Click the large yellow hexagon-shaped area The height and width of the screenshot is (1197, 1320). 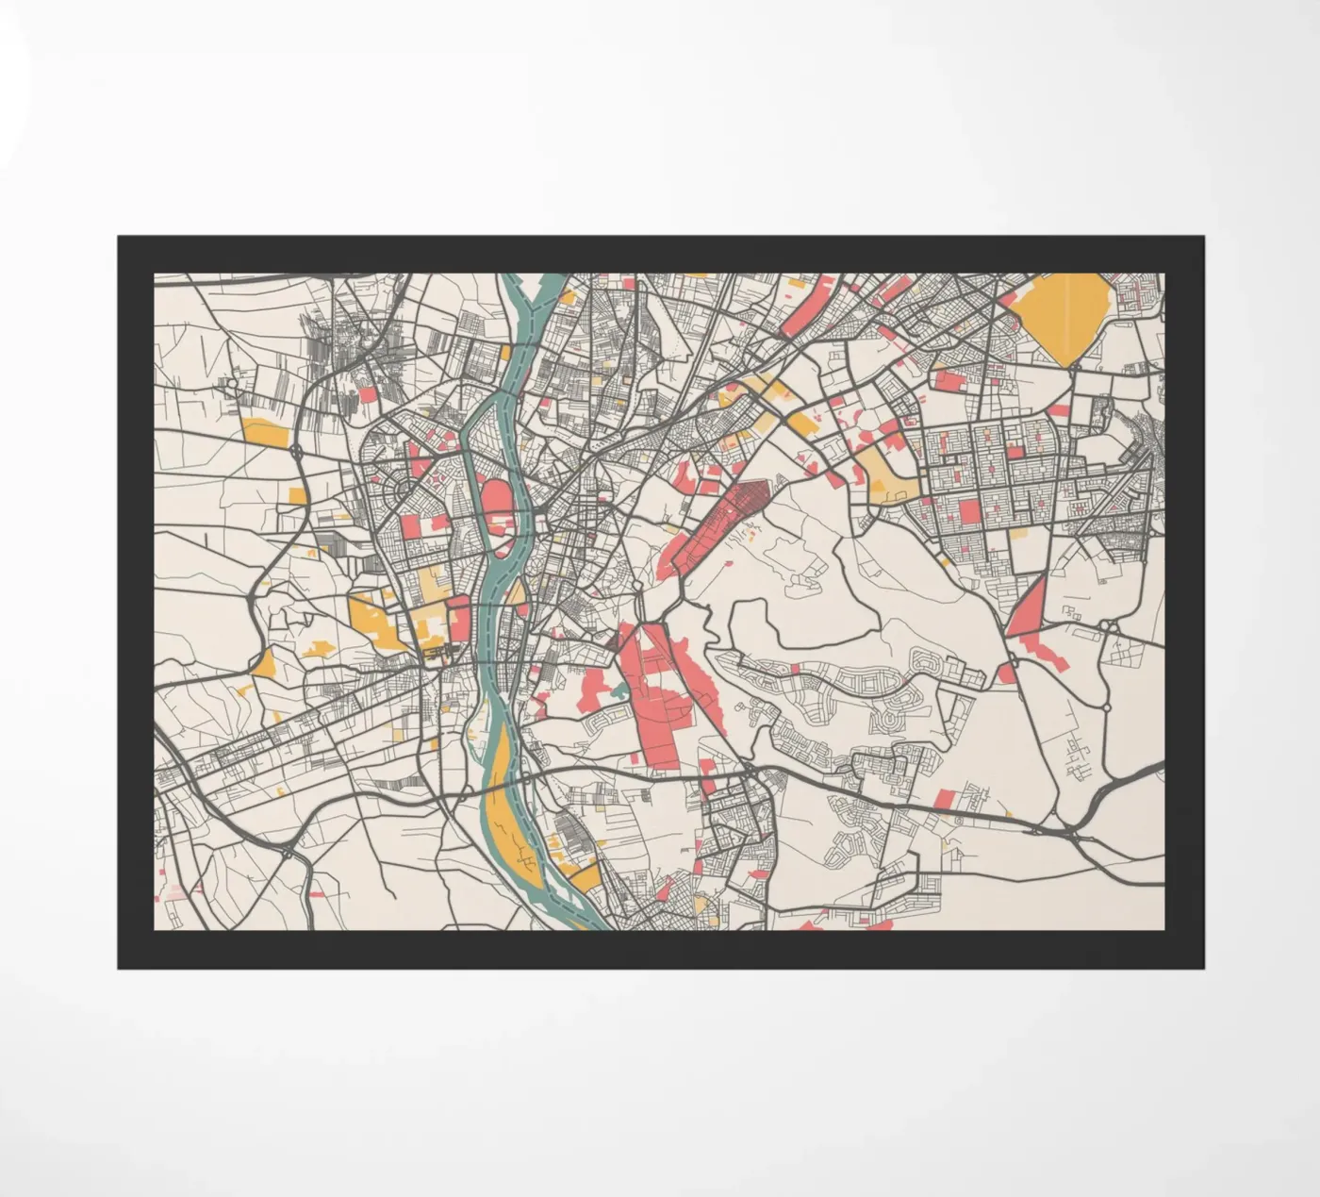click(x=1064, y=316)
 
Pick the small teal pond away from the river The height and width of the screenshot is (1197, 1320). click(x=618, y=694)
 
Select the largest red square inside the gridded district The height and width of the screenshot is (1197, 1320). click(x=968, y=512)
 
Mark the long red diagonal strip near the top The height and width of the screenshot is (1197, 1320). click(x=806, y=306)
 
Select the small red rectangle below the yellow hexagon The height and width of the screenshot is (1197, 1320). click(x=1059, y=410)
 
